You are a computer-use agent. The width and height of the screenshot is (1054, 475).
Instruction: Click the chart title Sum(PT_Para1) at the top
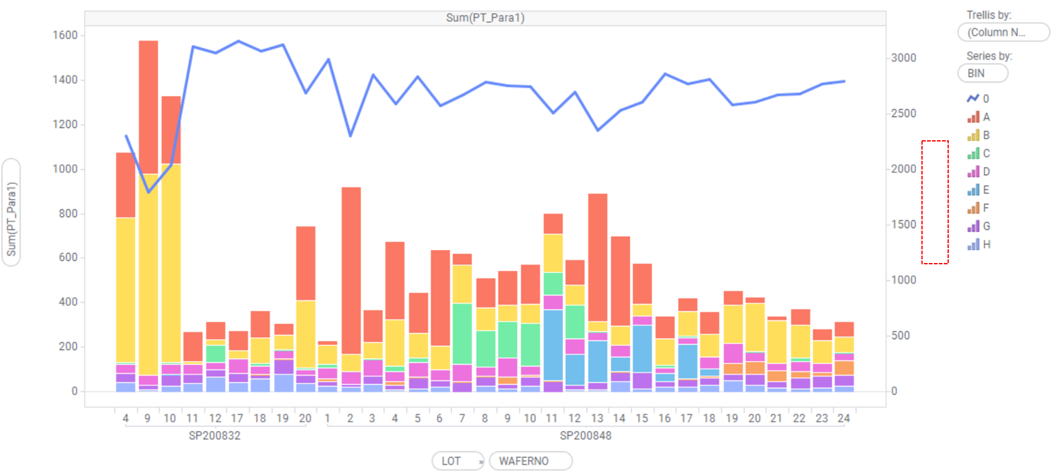point(485,17)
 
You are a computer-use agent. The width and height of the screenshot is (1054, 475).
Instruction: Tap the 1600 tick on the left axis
point(65,36)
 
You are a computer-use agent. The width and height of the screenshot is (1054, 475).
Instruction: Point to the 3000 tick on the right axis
point(903,58)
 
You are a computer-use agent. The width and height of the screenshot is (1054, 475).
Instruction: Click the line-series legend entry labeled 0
point(978,98)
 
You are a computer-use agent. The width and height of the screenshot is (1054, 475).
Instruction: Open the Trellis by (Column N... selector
point(1003,32)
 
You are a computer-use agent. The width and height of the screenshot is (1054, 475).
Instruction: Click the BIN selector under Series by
point(982,74)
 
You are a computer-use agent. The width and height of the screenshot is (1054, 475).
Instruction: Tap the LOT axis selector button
point(457,461)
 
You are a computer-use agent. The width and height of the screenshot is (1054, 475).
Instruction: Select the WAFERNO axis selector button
point(530,461)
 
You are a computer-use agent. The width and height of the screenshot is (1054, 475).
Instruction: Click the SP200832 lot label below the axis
point(215,436)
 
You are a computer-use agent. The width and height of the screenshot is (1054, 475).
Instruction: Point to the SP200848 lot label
point(585,436)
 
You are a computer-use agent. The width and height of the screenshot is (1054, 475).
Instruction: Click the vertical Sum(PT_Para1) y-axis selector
point(11,212)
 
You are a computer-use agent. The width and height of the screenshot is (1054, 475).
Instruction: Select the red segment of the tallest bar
point(148,106)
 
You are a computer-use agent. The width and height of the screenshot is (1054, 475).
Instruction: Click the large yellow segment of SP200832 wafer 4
point(126,290)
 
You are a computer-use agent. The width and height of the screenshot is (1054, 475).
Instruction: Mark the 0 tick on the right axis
point(894,391)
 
